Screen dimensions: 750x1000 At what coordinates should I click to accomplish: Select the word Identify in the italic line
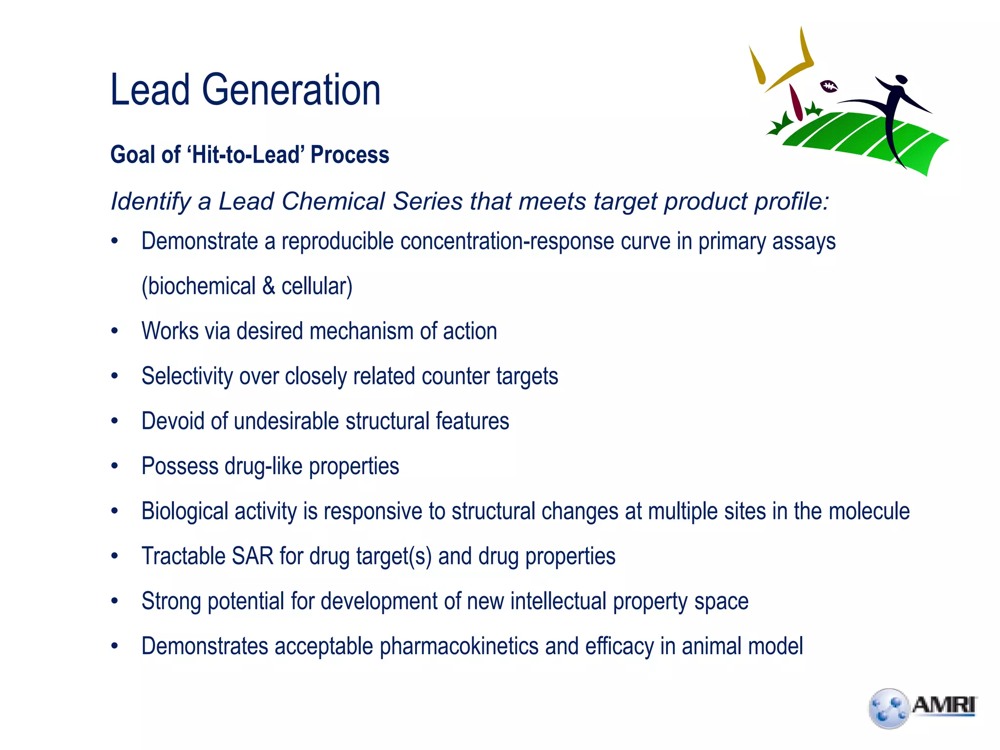[x=151, y=202]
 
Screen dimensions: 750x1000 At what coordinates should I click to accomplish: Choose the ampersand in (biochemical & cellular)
[x=269, y=286]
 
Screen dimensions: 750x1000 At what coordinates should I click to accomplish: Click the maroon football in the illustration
[x=829, y=87]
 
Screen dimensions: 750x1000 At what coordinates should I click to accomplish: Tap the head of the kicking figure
[x=901, y=80]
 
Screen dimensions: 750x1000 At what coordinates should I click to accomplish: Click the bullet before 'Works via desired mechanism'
[x=115, y=332]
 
